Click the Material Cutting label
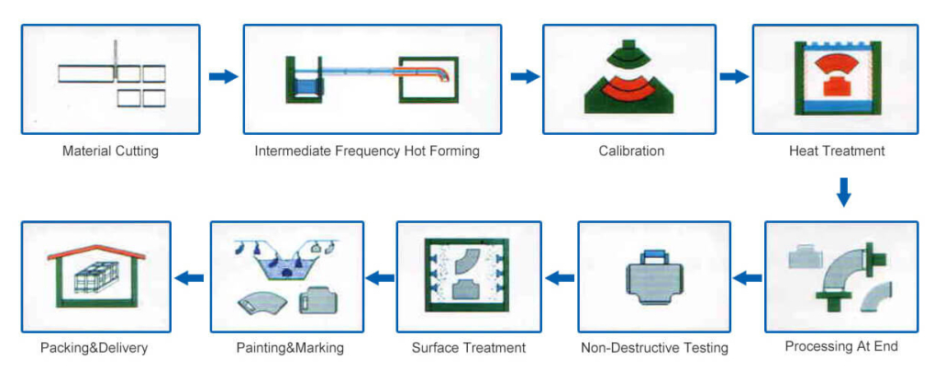click(110, 151)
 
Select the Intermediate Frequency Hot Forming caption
click(367, 151)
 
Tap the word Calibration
click(631, 151)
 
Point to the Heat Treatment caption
click(837, 151)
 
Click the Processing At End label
click(841, 346)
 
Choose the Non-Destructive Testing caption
click(654, 348)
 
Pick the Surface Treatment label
click(469, 348)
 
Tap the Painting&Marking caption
click(290, 348)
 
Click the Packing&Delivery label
click(94, 348)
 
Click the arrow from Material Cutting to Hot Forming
click(224, 76)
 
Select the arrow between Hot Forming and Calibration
click(525, 76)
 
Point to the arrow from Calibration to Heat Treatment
click(734, 76)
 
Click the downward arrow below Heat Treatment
click(844, 192)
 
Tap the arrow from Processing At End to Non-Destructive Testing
click(748, 278)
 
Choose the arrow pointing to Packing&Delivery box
click(189, 278)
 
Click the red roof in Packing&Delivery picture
click(95, 252)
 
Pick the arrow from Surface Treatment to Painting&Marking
click(381, 278)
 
